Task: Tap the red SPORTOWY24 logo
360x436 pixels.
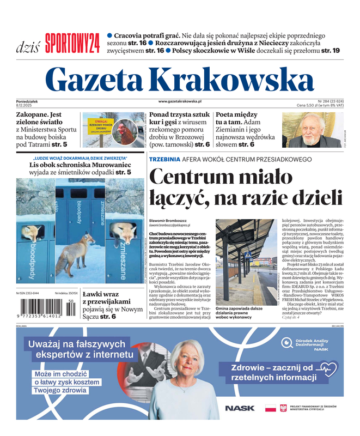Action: click(72, 43)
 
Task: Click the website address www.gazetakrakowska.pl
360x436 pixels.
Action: click(180, 101)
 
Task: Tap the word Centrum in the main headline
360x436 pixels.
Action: click(186, 177)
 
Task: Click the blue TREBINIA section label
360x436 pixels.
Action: click(164, 159)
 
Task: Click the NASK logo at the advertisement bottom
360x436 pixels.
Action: click(239, 408)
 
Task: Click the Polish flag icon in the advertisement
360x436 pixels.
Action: click(270, 408)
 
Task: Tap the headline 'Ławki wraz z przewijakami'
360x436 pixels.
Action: click(106, 298)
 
